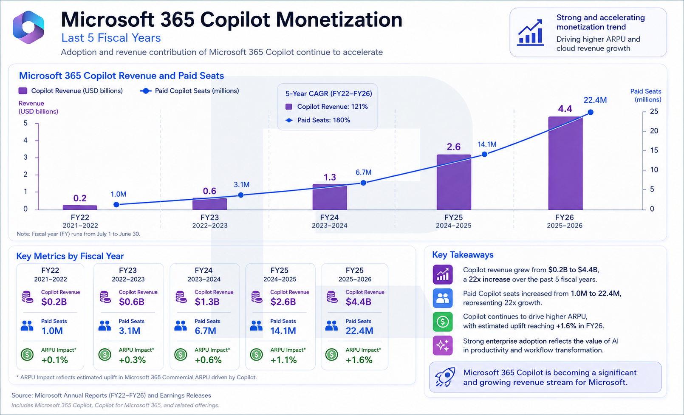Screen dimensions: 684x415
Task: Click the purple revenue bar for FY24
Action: (330, 197)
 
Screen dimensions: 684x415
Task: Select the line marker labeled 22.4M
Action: (591, 113)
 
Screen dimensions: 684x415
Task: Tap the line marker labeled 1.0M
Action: (116, 205)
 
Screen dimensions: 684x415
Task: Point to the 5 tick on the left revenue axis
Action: (25, 123)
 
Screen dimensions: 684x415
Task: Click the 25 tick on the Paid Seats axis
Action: (654, 111)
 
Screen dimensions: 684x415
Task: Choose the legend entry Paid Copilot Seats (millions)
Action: (189, 91)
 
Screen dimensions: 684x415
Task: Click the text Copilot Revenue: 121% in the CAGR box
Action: (333, 107)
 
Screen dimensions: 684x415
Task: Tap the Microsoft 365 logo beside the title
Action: (28, 28)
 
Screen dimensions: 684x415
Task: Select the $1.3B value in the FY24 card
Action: (207, 302)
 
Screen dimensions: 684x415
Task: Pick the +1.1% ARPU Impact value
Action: (283, 360)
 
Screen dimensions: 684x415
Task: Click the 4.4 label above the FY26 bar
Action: (565, 109)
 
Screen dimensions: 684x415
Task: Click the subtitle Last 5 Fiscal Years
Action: (111, 38)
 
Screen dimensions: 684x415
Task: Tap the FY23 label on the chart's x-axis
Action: (209, 217)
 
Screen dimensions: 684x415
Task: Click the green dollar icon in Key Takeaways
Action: (442, 322)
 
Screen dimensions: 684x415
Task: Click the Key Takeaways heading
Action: (463, 255)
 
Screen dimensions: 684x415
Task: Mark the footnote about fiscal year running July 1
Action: (78, 234)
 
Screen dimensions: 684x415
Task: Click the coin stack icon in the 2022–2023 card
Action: (105, 297)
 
